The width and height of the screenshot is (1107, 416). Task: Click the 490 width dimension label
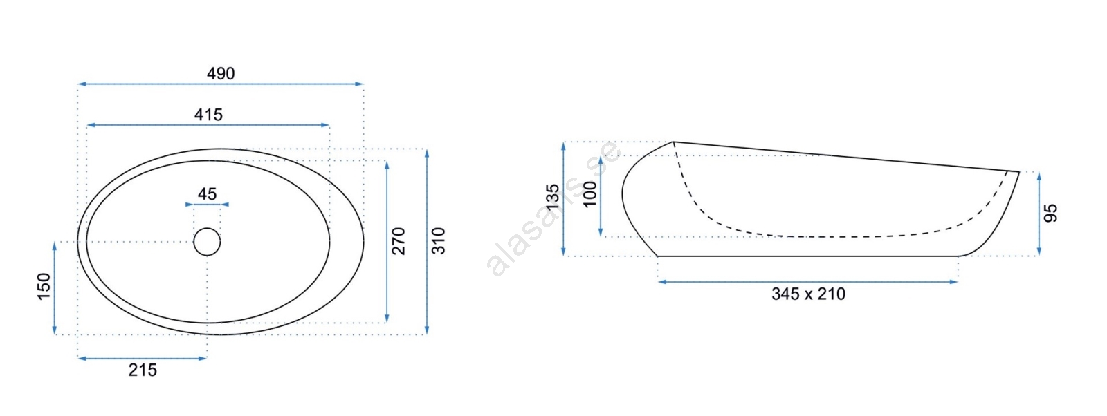[x=221, y=73]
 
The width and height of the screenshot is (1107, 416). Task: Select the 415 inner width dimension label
[x=208, y=115]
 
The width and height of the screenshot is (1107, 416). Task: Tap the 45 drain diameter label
[x=207, y=194]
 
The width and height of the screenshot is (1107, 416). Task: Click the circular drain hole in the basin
[x=207, y=242]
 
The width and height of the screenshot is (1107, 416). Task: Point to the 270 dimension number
[x=399, y=241]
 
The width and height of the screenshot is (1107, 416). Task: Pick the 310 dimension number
[x=439, y=241]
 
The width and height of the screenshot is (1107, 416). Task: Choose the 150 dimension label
[x=44, y=286]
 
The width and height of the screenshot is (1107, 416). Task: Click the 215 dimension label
[x=143, y=370]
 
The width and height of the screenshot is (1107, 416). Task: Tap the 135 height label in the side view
[x=553, y=196]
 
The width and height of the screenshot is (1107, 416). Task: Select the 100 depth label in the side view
[x=590, y=194]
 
